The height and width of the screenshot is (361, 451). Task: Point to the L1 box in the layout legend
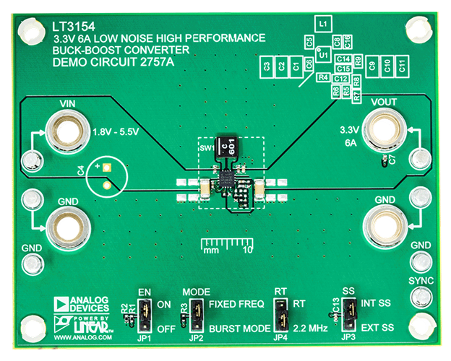(323, 25)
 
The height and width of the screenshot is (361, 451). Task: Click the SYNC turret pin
(420, 295)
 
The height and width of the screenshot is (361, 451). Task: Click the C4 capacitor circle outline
(106, 176)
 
